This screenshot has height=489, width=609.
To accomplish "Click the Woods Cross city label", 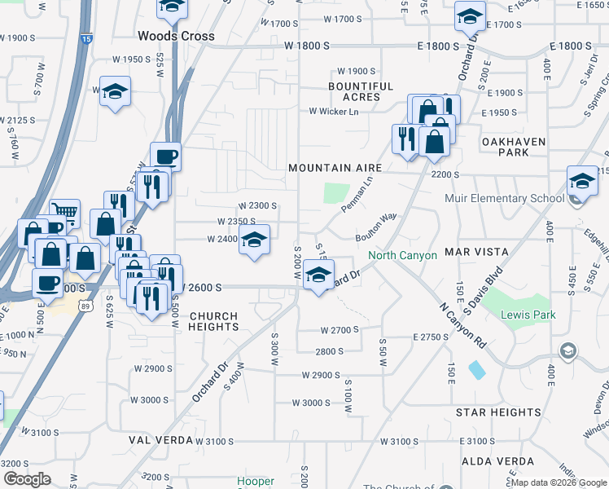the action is tap(176, 36).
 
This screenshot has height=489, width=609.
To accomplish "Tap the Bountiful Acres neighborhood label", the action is tap(361, 91).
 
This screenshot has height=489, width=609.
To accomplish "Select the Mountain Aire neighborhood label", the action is tap(335, 168).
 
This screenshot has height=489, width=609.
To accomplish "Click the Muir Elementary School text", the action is tap(505, 198).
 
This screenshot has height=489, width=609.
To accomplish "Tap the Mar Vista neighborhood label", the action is tap(476, 253).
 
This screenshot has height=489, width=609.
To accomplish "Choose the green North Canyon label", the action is tap(402, 255).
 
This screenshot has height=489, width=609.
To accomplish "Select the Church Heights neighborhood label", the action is tap(213, 321).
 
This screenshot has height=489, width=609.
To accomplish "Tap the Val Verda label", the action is tap(159, 440).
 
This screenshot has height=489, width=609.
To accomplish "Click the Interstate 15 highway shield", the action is tap(87, 37).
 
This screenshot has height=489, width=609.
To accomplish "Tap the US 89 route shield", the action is tap(87, 304).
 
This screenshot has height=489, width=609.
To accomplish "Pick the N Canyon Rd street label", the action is tap(462, 327).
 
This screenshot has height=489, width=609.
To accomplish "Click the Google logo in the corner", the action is tap(27, 479).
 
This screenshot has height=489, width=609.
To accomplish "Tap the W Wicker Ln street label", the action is tap(333, 112).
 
